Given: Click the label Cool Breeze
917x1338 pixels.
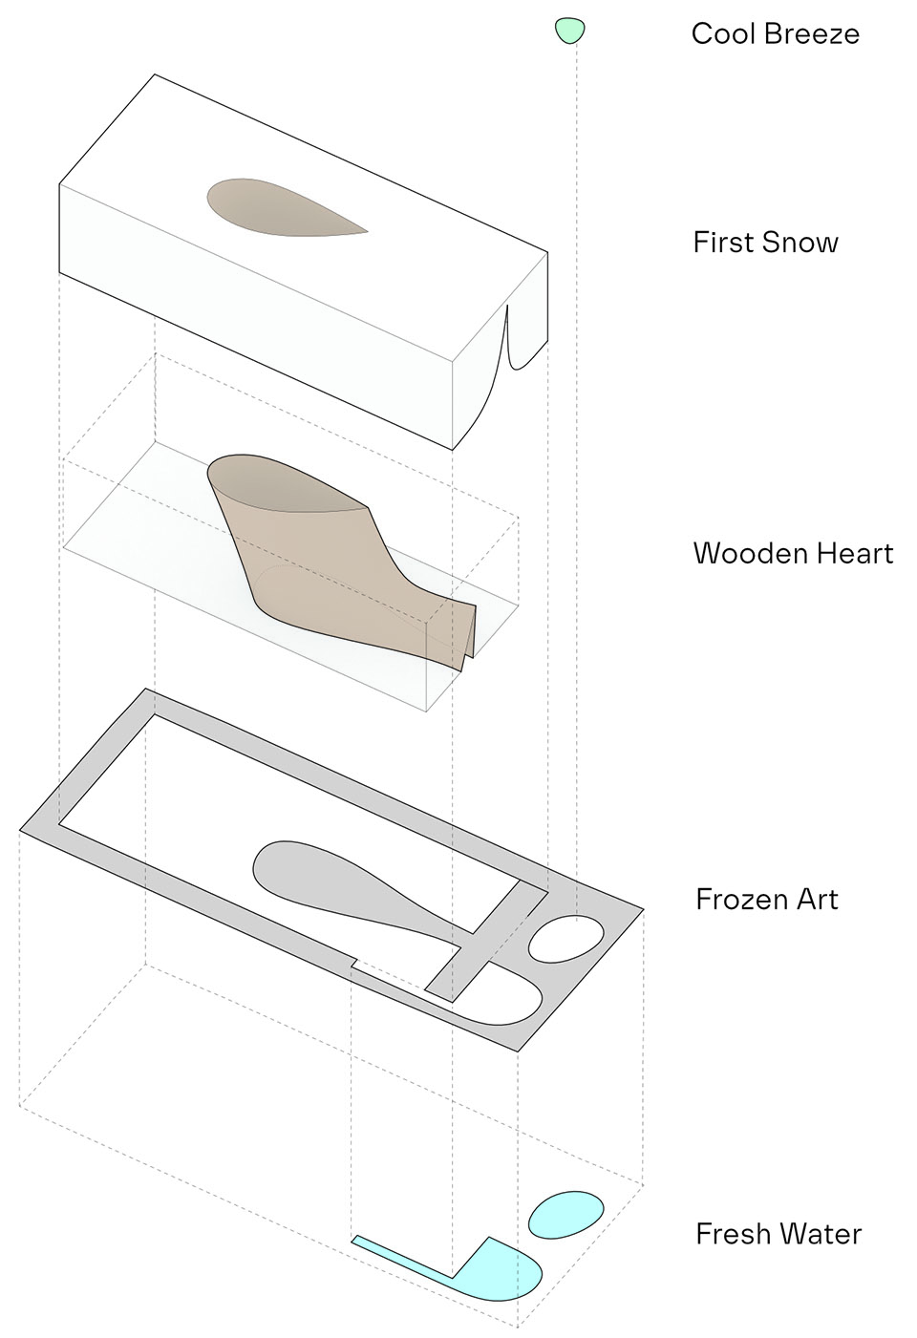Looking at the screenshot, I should pos(775,34).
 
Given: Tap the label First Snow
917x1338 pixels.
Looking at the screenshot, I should pos(765,243).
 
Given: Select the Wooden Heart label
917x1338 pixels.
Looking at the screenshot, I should pos(793,554).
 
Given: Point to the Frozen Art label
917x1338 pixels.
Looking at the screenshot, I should pos(766,900).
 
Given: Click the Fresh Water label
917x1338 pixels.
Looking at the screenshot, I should pos(778,1234).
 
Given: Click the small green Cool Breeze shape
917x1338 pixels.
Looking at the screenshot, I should pos(569,31).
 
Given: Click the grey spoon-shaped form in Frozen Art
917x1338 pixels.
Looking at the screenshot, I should pos(325,879).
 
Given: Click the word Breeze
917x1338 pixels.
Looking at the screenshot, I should pos(816,34).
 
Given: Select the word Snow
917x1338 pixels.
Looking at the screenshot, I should pos(800,243).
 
